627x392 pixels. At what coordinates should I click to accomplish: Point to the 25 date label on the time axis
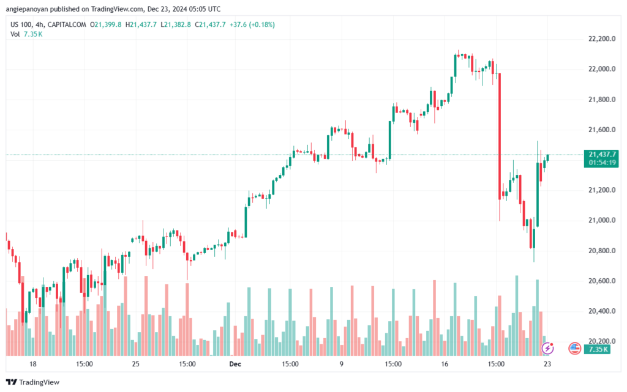tap(136, 363)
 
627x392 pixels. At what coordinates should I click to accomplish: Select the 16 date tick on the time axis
tap(445, 363)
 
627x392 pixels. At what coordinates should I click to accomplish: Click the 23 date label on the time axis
tap(547, 363)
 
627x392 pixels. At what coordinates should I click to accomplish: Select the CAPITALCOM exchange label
tap(67, 24)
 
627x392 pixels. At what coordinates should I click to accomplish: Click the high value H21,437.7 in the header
tap(141, 24)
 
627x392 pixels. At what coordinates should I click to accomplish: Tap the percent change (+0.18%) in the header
tap(260, 24)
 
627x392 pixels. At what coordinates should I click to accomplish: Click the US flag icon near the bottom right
tap(574, 348)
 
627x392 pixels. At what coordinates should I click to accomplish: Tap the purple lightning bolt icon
tap(549, 348)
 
